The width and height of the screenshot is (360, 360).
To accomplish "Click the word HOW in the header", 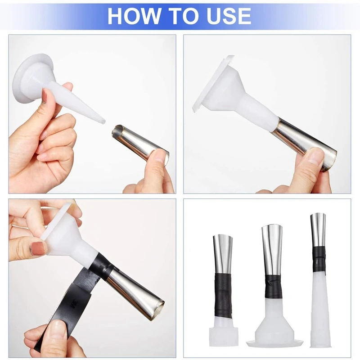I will (133, 16).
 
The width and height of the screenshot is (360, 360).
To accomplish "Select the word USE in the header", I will (227, 16).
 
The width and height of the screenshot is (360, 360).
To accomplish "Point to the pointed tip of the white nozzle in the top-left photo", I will (103, 121).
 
